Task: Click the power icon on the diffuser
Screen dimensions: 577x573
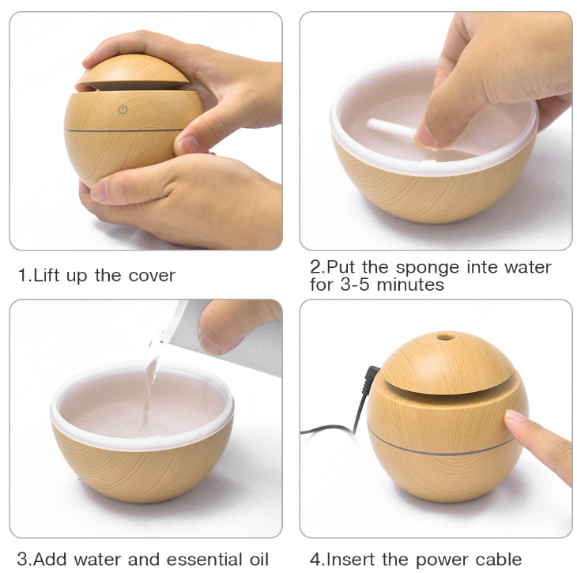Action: pos(123,109)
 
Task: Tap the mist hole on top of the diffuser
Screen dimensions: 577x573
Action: pos(446,337)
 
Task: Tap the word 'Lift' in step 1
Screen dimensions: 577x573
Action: pos(47,275)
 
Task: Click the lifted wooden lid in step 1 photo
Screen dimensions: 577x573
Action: pos(134,72)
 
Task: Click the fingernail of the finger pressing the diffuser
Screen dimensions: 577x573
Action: pos(516,416)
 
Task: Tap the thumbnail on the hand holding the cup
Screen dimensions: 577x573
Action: pos(209,344)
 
